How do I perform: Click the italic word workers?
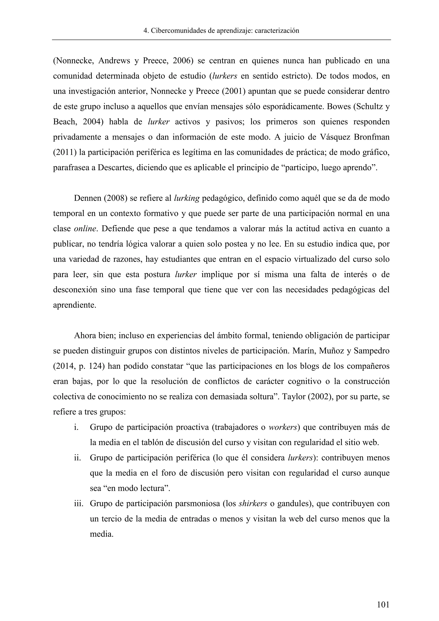(283, 427)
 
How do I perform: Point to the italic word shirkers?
(253, 504)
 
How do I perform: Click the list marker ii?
(78, 458)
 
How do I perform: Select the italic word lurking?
(186, 198)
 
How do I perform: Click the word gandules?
(293, 504)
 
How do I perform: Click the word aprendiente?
(74, 305)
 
